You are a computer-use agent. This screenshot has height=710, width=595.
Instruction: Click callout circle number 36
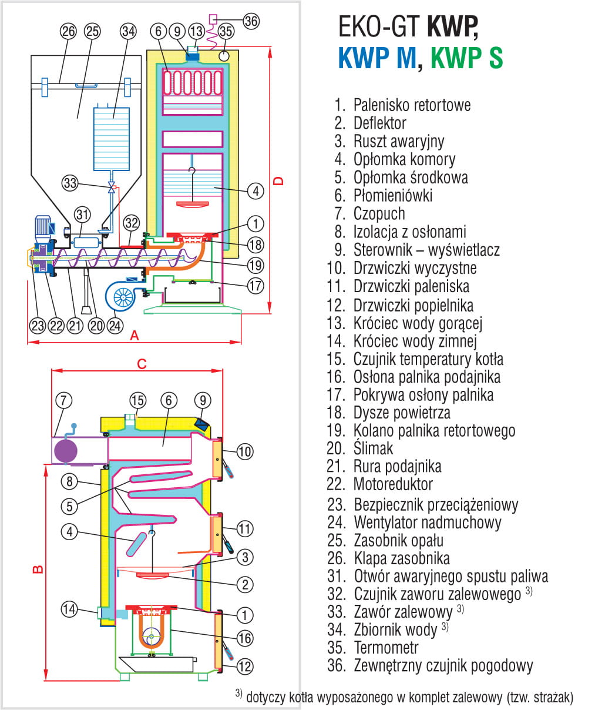coord(251,21)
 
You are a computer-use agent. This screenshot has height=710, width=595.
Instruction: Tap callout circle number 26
coord(69,31)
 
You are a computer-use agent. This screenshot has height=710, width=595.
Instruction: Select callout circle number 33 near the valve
coord(70,183)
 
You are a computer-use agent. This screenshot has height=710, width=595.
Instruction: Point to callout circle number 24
coord(115,325)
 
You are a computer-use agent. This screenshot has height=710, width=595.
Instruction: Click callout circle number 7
coord(63,401)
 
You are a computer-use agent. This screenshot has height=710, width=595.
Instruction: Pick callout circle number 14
coord(69,609)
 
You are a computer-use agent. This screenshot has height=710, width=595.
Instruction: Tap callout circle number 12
coord(245,666)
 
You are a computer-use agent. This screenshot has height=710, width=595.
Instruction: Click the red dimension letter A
coord(135,335)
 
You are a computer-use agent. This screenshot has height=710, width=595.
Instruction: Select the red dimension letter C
coord(142,364)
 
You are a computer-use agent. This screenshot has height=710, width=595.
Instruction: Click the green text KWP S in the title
coord(466,58)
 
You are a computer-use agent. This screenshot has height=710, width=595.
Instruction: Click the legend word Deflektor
coord(379,123)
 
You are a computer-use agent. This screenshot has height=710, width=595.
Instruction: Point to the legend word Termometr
coord(386,648)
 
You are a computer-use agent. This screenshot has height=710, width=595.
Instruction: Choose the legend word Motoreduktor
coord(392,484)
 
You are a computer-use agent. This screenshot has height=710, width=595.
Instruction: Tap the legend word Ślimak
coord(373,448)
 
